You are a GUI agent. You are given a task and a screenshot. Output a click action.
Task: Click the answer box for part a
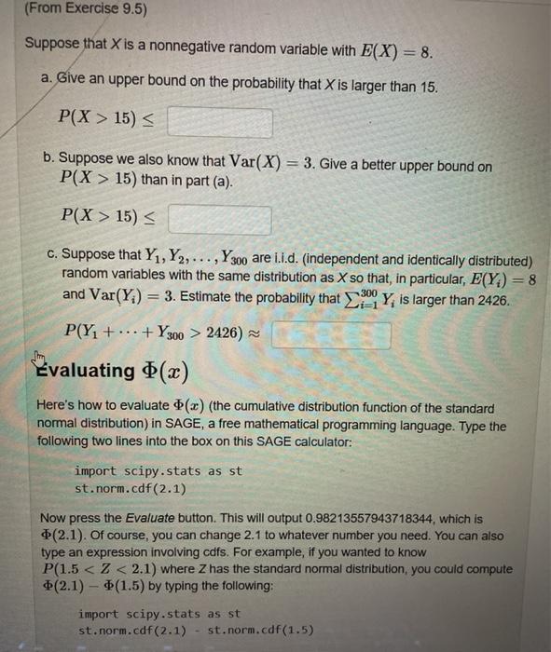pos(220,122)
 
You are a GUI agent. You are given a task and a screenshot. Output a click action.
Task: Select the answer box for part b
pos(220,220)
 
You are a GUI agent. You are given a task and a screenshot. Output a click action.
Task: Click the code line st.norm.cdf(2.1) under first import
pos(130,488)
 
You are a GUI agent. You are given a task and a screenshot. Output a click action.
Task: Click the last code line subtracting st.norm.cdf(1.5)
pos(196,631)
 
